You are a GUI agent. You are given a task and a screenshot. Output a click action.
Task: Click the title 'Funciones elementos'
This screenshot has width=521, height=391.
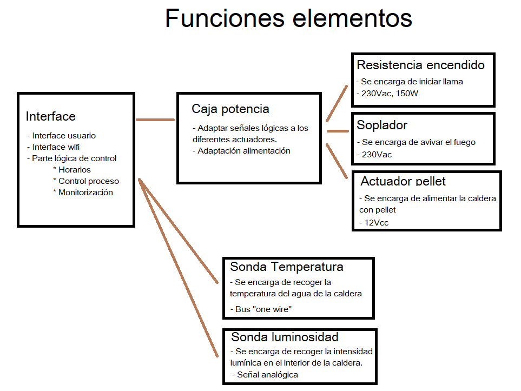[288, 18]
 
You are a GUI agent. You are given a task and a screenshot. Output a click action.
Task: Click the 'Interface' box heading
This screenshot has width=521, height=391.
[50, 116]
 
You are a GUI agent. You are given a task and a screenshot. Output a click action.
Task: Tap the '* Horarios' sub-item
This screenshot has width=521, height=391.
[72, 170]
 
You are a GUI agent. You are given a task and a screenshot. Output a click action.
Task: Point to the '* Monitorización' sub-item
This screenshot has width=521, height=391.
[83, 193]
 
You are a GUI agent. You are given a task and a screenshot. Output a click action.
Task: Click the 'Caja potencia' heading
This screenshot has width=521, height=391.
[230, 109]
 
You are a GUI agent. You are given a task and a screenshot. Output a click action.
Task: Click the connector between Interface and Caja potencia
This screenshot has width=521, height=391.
[155, 120]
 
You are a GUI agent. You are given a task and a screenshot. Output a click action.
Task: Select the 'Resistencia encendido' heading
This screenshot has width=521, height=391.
[421, 65]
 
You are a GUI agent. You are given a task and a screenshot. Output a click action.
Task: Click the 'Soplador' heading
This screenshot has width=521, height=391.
[382, 125]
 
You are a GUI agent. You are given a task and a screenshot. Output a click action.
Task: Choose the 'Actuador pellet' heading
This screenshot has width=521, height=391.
[403, 181]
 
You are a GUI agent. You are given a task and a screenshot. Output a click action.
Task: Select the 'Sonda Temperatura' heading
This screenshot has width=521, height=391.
[286, 267]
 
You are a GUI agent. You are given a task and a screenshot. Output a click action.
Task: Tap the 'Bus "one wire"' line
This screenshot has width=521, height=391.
[261, 309]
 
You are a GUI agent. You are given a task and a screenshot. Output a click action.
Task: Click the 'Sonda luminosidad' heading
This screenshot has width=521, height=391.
[285, 337]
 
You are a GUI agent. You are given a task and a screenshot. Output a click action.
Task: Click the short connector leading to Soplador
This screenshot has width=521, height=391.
[338, 131]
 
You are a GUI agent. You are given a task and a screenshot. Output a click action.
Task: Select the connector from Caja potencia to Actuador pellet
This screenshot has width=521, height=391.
[337, 161]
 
